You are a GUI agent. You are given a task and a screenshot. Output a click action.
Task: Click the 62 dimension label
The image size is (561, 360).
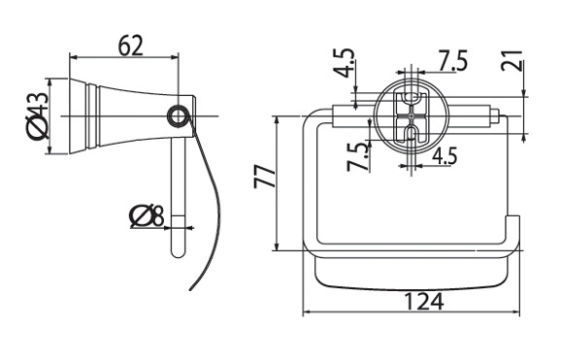tap(131, 46)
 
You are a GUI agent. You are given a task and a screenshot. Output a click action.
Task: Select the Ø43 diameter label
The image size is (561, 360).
tap(37, 116)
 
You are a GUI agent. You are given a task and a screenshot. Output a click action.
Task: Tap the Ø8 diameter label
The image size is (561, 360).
tap(147, 215)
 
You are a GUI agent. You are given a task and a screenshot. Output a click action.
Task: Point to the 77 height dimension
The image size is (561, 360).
tap(265, 176)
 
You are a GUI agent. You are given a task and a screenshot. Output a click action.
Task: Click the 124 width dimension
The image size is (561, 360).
tap(424, 302)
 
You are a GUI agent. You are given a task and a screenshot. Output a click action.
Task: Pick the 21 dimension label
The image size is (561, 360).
tap(511, 61)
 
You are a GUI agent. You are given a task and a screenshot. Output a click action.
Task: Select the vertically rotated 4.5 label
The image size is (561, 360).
tap(345, 63)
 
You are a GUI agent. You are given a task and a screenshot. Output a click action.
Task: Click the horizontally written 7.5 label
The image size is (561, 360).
tap(453, 60)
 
